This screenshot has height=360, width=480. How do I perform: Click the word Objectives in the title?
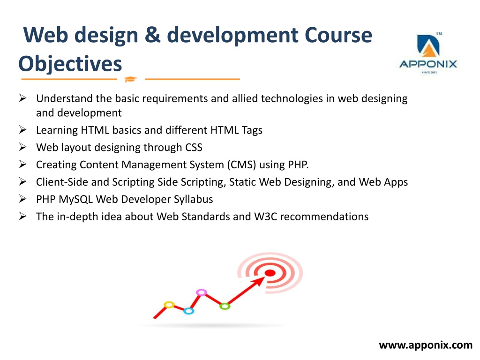pyautogui.click(x=70, y=64)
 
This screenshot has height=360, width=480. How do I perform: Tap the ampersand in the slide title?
pyautogui.click(x=152, y=34)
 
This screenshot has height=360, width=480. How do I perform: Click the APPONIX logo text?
pyautogui.click(x=428, y=64)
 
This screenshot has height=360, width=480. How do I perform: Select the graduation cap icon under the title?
pyautogui.click(x=130, y=79)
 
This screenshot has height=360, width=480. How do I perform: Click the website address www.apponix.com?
pyautogui.click(x=426, y=345)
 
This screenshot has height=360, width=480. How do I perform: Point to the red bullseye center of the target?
pyautogui.click(x=270, y=273)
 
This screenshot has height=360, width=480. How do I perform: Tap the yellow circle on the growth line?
pyautogui.click(x=169, y=305)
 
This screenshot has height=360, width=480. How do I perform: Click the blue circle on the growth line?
pyautogui.click(x=188, y=311)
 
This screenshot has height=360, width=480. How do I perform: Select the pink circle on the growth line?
pyautogui.click(x=201, y=292)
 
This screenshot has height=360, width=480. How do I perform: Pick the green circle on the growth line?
pyautogui.click(x=225, y=306)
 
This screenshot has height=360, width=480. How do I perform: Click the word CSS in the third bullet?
pyautogui.click(x=194, y=147)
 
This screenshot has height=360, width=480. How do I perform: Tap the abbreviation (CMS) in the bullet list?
pyautogui.click(x=241, y=165)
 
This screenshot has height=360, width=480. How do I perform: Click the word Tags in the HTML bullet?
pyautogui.click(x=252, y=130)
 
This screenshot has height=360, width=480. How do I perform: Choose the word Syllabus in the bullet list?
pyautogui.click(x=194, y=199)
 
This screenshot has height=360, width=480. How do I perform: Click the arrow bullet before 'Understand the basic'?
pyautogui.click(x=22, y=98)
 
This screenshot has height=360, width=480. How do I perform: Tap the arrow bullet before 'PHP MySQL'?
pyautogui.click(x=22, y=199)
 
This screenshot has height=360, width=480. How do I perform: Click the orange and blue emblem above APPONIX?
pyautogui.click(x=428, y=46)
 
